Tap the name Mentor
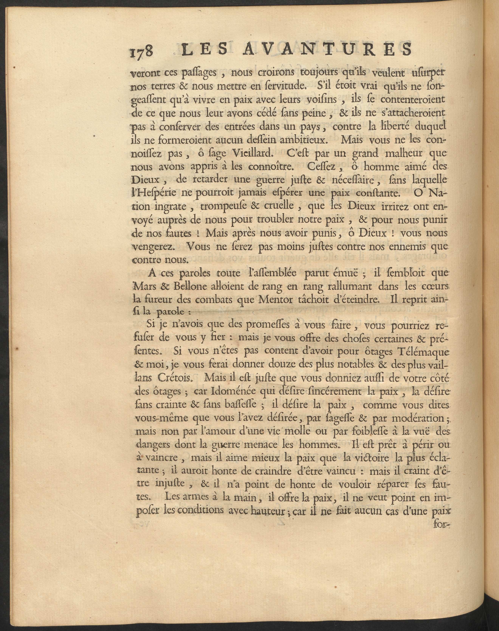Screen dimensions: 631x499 click(267, 299)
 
